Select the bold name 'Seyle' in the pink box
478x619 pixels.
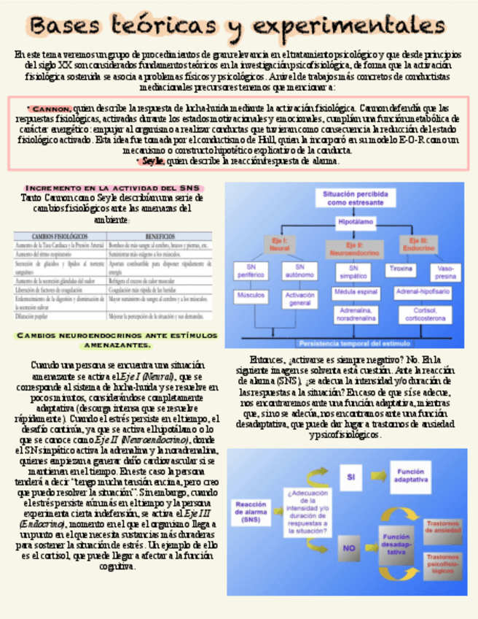tap(153, 161)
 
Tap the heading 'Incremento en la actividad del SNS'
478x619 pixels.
tap(111, 188)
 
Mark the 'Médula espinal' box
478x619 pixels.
tap(353, 293)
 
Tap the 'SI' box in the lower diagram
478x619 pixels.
tap(350, 476)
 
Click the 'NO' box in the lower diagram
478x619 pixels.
tap(350, 547)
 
